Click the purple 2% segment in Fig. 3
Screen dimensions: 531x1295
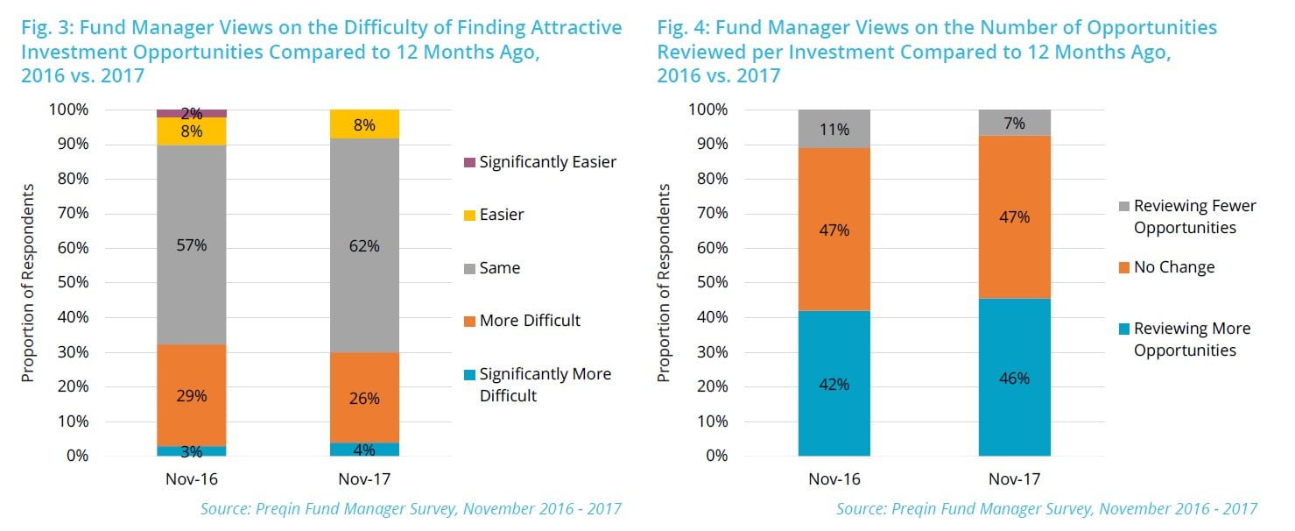191,113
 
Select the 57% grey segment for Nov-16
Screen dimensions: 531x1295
191,244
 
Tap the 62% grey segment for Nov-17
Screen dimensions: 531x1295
363,246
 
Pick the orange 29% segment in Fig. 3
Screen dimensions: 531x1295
191,395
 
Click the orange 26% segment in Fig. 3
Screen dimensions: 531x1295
363,398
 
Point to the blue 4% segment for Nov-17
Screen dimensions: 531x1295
363,450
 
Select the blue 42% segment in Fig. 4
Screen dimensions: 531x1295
834,384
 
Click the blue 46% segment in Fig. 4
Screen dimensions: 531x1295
1014,378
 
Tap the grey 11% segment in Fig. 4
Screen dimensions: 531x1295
834,129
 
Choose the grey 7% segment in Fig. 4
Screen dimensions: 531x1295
1014,123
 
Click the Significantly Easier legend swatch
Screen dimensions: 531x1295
468,162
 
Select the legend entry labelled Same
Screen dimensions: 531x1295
499,268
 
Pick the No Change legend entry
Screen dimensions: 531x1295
1173,267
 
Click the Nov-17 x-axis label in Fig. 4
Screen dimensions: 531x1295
1014,479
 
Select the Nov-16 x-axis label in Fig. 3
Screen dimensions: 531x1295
191,479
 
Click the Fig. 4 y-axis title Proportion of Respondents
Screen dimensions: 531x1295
665,283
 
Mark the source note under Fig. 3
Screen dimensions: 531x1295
411,508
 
